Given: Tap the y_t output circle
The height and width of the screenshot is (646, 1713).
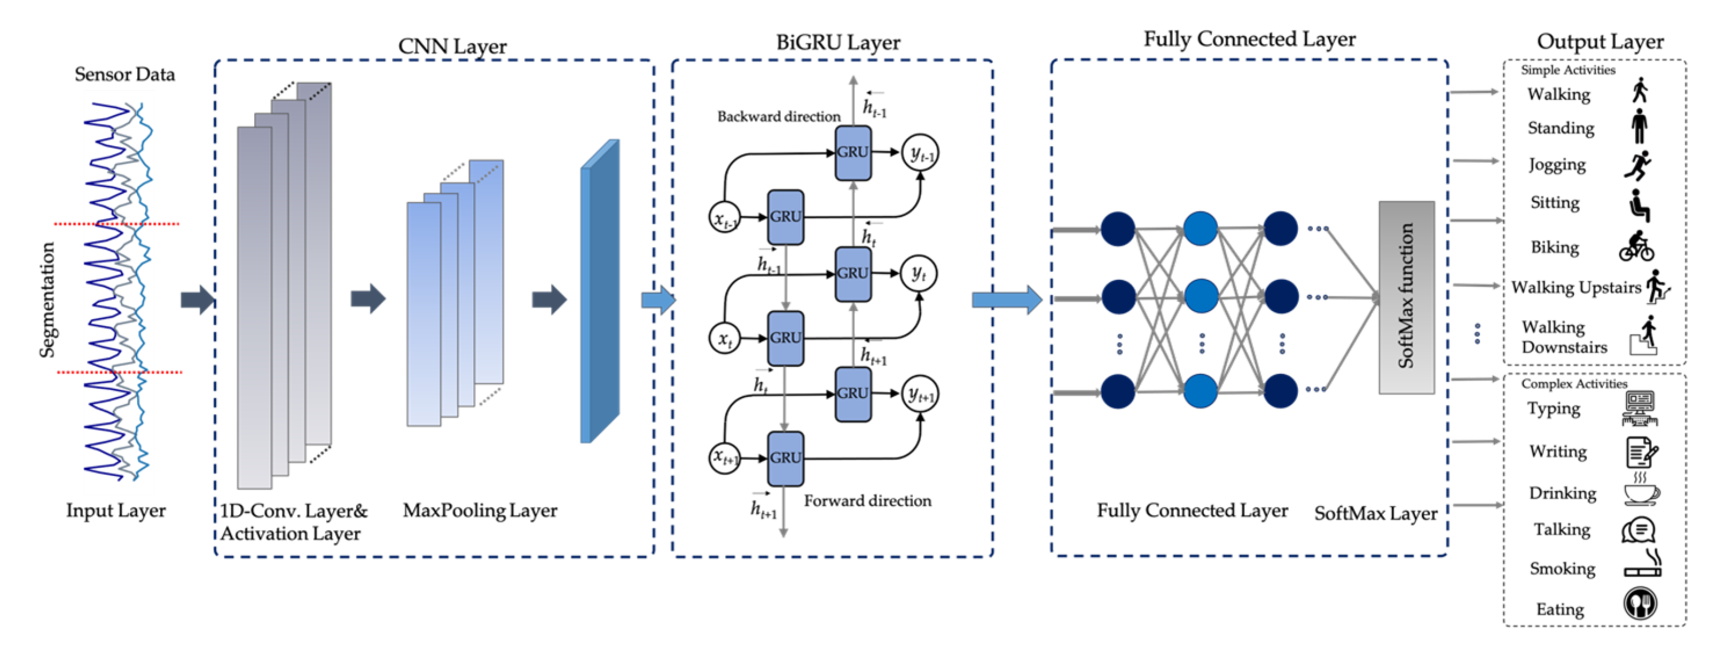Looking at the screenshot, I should (918, 273).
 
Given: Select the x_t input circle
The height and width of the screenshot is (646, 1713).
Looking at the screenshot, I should (724, 338).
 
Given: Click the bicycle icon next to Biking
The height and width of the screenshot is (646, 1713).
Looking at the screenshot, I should (1636, 246).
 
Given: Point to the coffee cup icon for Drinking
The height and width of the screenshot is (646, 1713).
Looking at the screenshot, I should (1641, 491).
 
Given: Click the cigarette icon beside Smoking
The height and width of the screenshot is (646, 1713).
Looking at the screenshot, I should (1642, 566).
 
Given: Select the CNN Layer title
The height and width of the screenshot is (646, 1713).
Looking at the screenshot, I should (452, 46).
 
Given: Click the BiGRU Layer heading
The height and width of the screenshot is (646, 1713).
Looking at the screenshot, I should (838, 42).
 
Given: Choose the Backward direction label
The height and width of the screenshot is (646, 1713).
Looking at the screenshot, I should (778, 117).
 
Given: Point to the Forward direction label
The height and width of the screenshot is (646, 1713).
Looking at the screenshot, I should (867, 500).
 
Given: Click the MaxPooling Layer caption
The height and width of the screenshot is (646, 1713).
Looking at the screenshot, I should (479, 510).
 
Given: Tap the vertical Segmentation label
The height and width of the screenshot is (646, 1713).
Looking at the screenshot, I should (46, 299).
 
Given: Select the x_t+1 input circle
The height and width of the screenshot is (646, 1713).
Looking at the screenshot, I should (724, 457).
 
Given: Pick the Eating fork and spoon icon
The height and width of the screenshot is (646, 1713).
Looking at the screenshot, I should (1640, 604).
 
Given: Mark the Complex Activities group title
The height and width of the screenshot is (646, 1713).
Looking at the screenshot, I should (1573, 384).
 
